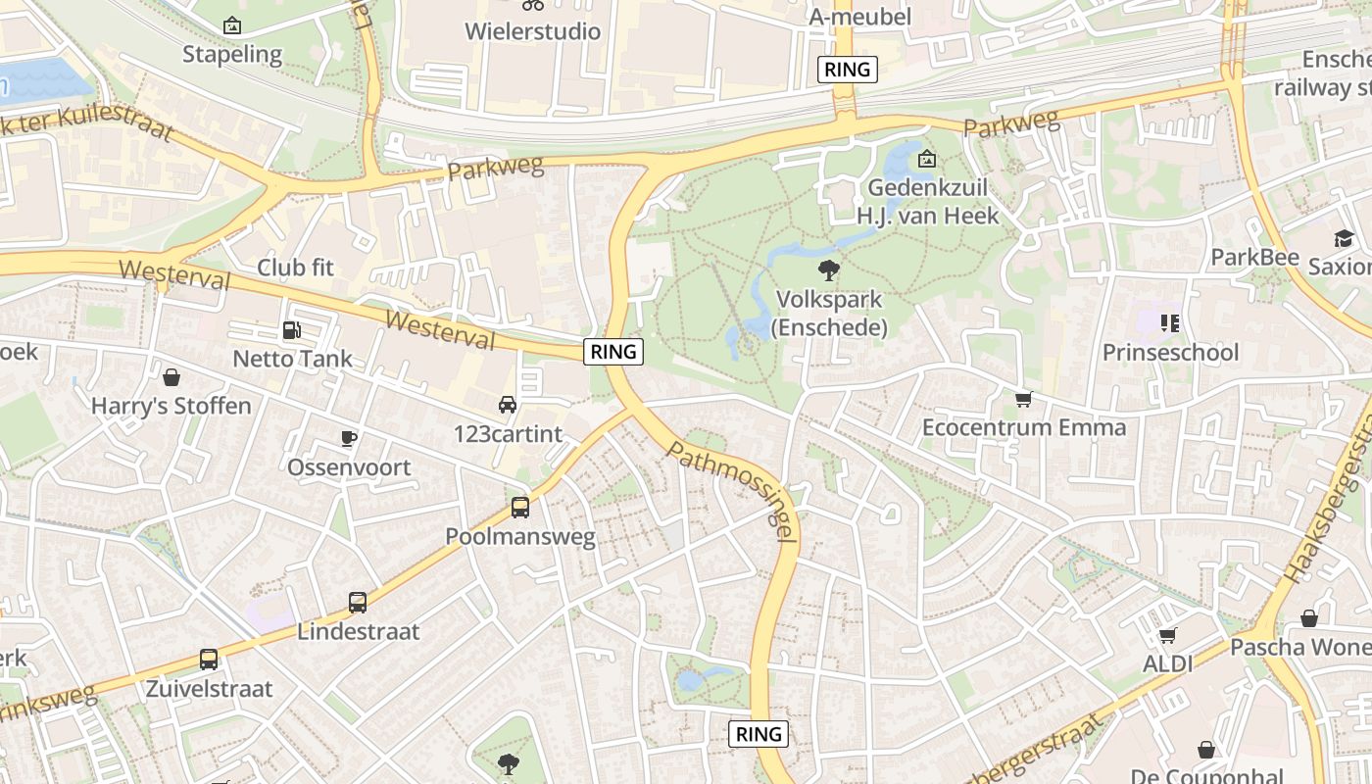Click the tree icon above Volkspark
click(829, 269)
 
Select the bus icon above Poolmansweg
click(520, 508)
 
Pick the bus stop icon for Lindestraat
click(358, 603)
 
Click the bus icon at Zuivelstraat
click(209, 660)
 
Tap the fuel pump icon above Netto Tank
click(291, 330)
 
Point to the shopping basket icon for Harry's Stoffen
click(171, 377)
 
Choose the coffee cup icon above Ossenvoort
click(349, 438)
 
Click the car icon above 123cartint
click(508, 404)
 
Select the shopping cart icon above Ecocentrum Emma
click(1024, 399)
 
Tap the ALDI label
click(1168, 663)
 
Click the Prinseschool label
click(1170, 352)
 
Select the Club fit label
click(295, 267)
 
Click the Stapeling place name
click(232, 54)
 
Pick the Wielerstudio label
click(532, 31)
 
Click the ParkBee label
click(1254, 257)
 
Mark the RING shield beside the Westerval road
click(613, 351)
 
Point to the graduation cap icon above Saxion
click(1343, 238)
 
